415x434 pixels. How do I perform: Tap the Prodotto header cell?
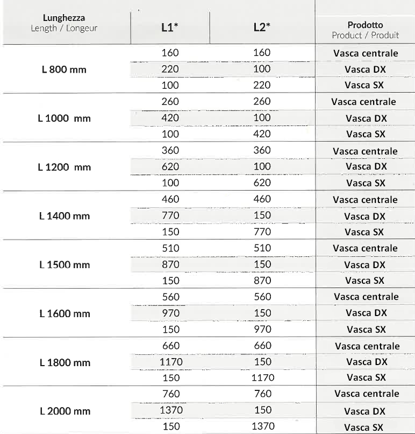[x=366, y=30]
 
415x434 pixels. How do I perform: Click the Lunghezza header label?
[x=64, y=23]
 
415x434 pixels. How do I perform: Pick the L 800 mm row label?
[x=64, y=70]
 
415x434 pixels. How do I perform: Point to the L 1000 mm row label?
[x=65, y=118]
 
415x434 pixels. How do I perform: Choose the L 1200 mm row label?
[x=65, y=167]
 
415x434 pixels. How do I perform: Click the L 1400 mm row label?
[x=65, y=216]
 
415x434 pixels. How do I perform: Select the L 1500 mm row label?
[x=65, y=264]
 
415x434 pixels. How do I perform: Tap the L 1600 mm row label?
[x=65, y=313]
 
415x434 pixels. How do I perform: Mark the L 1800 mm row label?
[x=65, y=362]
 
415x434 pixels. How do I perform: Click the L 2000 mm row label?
[x=65, y=411]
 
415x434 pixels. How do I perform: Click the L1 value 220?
[x=170, y=69]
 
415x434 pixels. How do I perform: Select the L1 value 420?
[x=170, y=117]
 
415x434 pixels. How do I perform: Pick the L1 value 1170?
[x=171, y=362]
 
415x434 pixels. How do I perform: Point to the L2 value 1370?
[x=263, y=426]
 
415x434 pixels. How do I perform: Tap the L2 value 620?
[x=262, y=183]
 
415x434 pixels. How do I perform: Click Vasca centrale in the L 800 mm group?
[x=366, y=53]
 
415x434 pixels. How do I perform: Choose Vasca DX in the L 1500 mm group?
[x=365, y=264]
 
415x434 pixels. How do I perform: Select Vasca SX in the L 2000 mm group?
[x=364, y=428]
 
